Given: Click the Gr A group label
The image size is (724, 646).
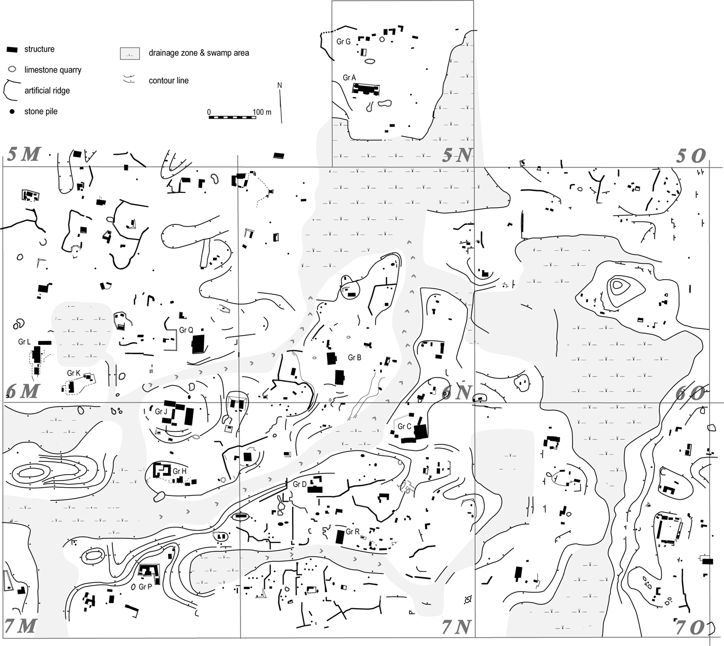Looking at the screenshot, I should click(349, 78).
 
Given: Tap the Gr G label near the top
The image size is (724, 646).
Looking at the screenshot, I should click(343, 41).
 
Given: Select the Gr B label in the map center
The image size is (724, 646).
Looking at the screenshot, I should click(354, 357).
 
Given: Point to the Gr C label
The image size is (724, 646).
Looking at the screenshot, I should click(404, 427).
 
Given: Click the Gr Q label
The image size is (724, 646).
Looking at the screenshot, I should click(186, 330).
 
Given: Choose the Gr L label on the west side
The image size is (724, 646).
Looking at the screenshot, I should click(24, 342).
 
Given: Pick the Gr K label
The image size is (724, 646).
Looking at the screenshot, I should click(74, 373).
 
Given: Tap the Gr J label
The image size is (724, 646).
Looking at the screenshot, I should click(161, 412).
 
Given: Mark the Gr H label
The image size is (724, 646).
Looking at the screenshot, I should click(179, 471).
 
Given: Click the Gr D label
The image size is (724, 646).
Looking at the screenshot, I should click(300, 484).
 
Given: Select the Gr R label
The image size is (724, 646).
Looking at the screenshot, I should click(353, 532).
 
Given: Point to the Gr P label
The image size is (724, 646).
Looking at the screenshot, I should click(145, 587).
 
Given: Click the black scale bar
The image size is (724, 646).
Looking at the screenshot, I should click(232, 117).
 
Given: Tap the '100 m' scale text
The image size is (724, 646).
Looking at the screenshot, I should click(262, 112).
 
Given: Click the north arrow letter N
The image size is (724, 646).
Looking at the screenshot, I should click(280, 85).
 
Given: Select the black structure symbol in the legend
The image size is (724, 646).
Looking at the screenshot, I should click(13, 50).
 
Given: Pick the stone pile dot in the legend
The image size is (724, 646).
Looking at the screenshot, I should click(12, 112).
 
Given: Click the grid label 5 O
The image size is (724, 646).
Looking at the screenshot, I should click(691, 156).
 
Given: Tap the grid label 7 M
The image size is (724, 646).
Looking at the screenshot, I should click(21, 626).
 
